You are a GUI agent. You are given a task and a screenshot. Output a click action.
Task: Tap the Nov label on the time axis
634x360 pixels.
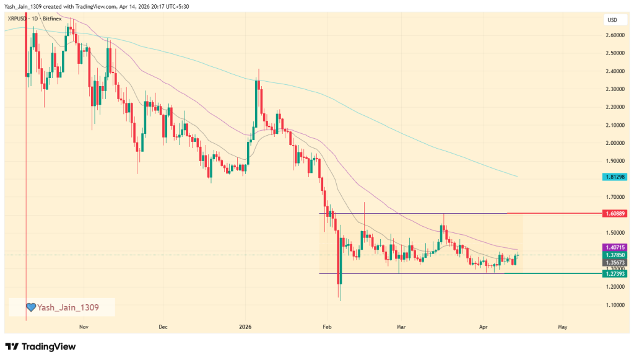coord(82,326)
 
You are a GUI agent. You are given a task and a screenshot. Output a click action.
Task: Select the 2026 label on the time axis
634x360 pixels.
coord(246,326)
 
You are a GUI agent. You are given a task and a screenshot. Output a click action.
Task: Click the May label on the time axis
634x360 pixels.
coord(562,326)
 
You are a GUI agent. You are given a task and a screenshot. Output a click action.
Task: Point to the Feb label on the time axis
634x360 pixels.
coord(326,326)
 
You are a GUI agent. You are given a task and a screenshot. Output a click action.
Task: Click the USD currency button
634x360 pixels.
coord(612,20)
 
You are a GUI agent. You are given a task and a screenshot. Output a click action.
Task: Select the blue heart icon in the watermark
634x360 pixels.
coord(30,307)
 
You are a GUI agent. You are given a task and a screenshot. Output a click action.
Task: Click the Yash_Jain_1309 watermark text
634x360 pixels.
coord(68,307)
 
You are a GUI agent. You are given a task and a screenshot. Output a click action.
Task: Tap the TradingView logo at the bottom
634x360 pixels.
coord(40,346)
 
